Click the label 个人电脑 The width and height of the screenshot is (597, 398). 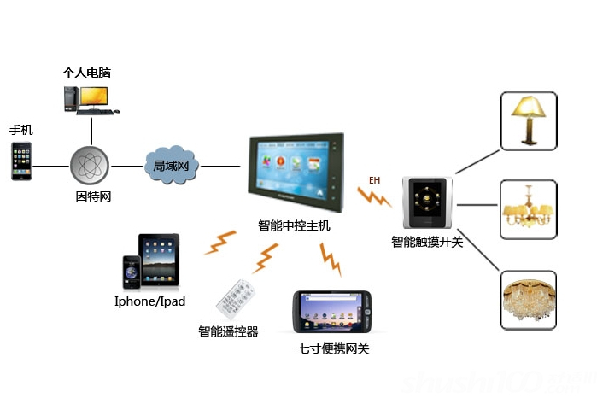[87, 73]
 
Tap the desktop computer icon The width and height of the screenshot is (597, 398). [89, 101]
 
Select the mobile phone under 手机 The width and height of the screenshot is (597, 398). [21, 161]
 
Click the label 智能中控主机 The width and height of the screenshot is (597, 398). [294, 225]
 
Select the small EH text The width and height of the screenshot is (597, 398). [374, 180]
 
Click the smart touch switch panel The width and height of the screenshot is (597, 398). [424, 204]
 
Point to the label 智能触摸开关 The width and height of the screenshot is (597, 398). [427, 243]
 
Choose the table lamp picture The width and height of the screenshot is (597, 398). [528, 120]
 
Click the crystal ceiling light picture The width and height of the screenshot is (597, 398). [528, 300]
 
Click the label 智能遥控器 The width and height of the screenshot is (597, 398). [228, 331]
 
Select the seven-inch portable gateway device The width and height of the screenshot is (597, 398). [332, 313]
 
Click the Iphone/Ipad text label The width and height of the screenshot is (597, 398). [149, 301]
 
